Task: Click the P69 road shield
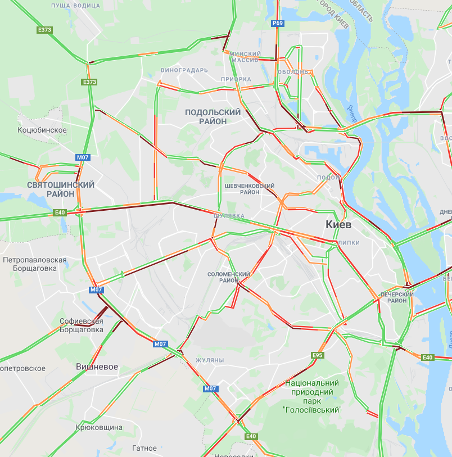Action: (277, 23)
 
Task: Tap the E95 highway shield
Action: (318, 355)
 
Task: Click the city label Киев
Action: (338, 224)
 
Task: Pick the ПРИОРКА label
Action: (236, 79)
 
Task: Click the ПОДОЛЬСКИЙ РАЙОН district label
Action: (213, 116)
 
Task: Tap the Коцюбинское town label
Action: (42, 130)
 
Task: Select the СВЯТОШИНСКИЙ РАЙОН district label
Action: (61, 189)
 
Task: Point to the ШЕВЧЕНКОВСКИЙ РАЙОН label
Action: (249, 189)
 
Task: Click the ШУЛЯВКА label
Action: (229, 215)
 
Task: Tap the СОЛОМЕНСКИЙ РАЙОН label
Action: (228, 277)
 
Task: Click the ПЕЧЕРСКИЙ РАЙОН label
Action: (397, 297)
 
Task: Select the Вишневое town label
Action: (97, 366)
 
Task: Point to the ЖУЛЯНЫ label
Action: (210, 360)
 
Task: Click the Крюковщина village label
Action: (99, 427)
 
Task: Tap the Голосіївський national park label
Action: (313, 396)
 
